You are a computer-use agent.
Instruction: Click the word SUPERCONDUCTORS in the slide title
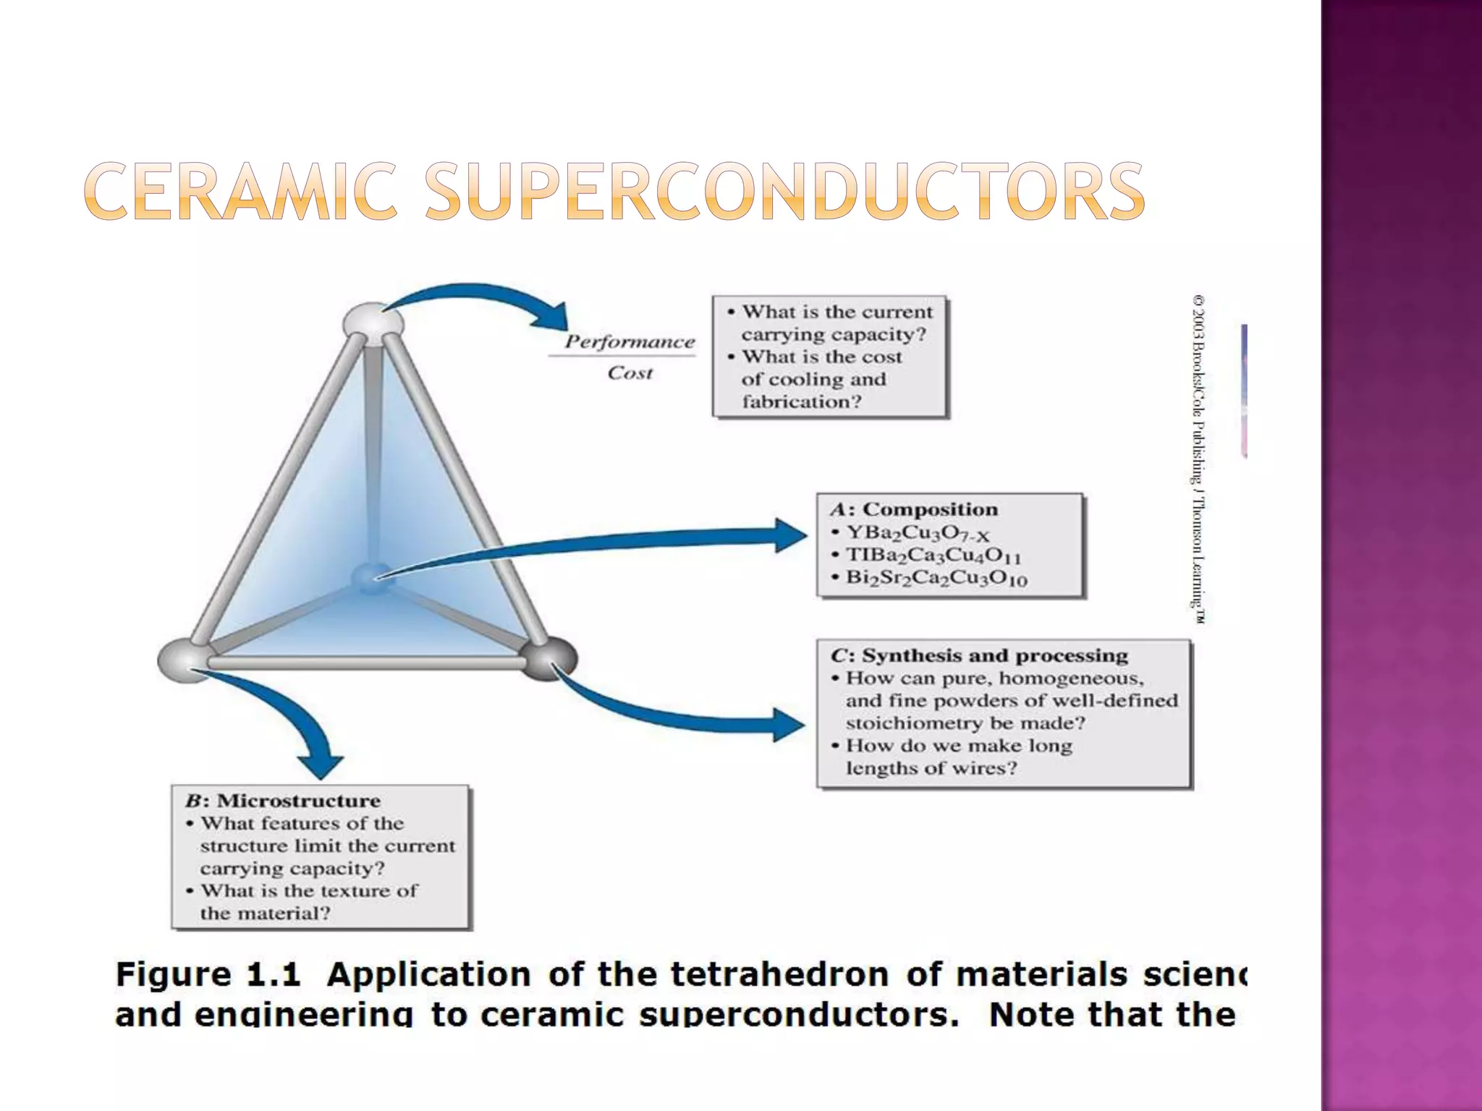tap(784, 191)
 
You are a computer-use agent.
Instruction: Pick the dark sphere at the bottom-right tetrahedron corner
tap(549, 658)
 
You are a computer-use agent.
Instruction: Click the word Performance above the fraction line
tap(630, 342)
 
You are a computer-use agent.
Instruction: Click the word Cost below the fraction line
tap(630, 373)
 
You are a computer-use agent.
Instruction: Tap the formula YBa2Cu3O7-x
tap(918, 533)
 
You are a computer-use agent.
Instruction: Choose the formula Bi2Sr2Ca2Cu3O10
tap(936, 579)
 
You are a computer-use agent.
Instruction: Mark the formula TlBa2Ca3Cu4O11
tap(933, 555)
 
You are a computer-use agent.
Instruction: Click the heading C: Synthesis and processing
tap(979, 655)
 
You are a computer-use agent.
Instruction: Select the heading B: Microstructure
tap(283, 801)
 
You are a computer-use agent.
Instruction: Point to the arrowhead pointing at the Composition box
tap(790, 535)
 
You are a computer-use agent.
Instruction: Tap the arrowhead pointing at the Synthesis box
tap(789, 724)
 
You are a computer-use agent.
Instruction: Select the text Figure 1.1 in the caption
tap(208, 974)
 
